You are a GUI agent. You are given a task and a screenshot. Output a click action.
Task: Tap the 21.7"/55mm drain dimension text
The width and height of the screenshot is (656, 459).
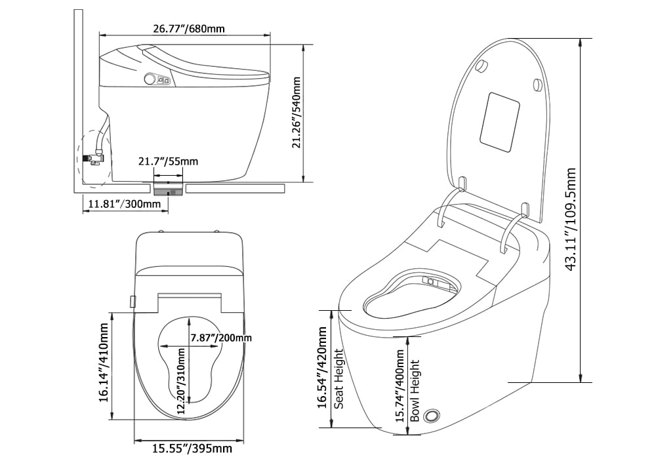point(168,161)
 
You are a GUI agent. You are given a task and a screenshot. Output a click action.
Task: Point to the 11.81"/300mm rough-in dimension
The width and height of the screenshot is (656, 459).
point(121,204)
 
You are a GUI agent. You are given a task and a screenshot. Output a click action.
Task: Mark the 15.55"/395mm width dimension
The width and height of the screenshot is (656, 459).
point(192,449)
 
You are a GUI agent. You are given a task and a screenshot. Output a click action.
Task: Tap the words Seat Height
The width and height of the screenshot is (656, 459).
point(339,378)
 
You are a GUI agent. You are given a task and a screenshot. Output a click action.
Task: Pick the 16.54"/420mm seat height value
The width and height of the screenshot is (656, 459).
point(322,369)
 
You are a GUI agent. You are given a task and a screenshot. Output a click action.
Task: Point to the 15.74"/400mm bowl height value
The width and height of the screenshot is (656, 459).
point(400,384)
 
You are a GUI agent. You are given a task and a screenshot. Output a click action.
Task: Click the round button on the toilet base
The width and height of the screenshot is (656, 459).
point(432,416)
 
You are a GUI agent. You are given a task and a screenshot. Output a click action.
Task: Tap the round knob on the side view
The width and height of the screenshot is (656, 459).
point(150,79)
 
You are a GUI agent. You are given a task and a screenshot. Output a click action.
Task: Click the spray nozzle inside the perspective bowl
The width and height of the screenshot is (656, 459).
point(431,281)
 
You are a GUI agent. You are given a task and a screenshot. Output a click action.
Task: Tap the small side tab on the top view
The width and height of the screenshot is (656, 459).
point(133,300)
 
